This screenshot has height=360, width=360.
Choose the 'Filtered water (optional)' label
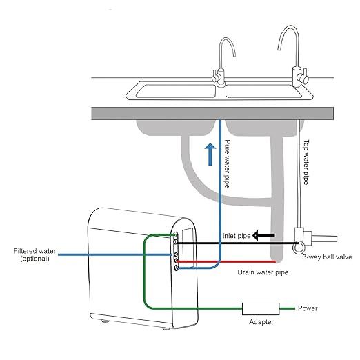pos(30,254)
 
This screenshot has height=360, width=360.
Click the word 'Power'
pos(308,308)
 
